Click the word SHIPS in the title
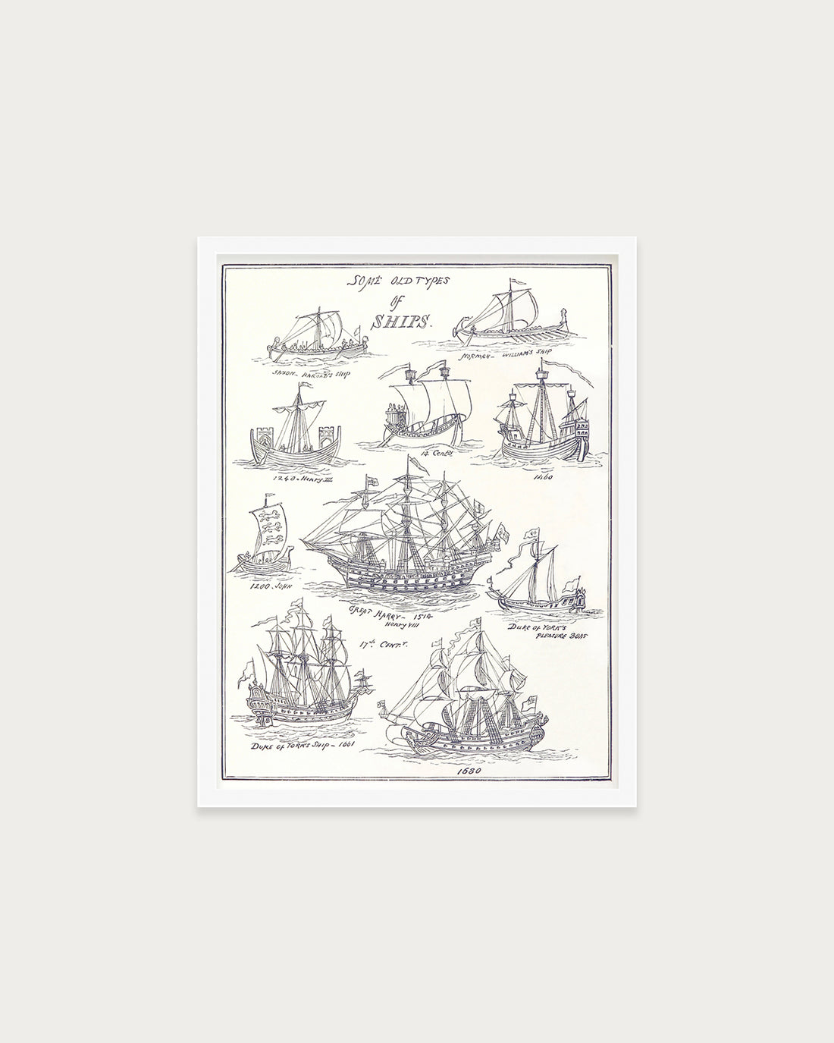click(x=388, y=320)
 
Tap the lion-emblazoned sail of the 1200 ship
click(x=270, y=528)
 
